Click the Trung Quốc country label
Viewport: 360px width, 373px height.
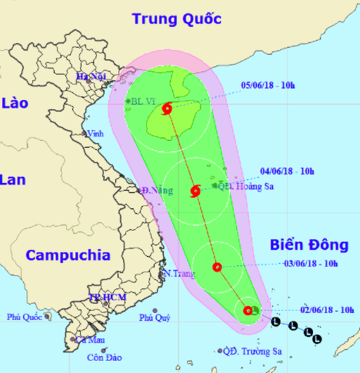coord(176,18)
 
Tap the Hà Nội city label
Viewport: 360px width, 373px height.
coord(90,76)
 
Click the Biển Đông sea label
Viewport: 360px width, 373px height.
coord(309,245)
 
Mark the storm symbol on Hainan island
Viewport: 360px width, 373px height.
coord(168,111)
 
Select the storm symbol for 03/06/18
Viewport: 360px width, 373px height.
coord(217,268)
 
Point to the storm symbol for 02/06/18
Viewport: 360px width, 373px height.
coord(248,311)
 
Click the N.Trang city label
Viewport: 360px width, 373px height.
coord(175,274)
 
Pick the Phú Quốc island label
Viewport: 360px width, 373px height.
coord(24,316)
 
